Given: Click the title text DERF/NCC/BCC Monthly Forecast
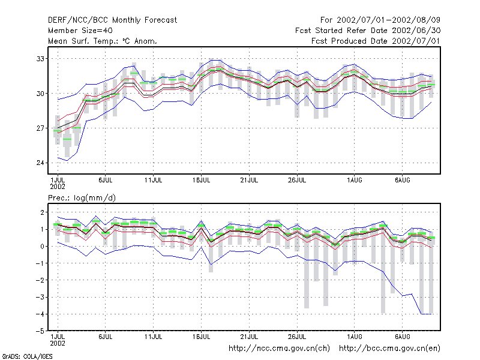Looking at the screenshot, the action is tap(112, 20).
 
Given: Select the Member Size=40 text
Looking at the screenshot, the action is tap(80, 31).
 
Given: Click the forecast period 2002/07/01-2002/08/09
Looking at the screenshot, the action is tap(388, 20).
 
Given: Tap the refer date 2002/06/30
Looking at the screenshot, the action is tap(416, 31).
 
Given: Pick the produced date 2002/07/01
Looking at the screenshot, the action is tap(416, 41).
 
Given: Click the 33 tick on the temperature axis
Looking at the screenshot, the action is tap(40, 58).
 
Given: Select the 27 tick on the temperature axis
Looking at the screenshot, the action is tap(40, 128).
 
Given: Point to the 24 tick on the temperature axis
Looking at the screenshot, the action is tap(40, 163).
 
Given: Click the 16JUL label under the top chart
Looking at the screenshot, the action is tap(201, 181).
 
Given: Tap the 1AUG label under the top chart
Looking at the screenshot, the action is tap(355, 181).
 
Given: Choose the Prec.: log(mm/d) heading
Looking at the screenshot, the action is tap(82, 198).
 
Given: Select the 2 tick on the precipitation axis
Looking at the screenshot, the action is tap(42, 212).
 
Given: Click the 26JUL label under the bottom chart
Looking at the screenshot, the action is tap(297, 337).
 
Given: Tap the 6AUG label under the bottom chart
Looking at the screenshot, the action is tap(402, 337).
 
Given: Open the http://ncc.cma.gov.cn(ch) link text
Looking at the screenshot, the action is tap(279, 349).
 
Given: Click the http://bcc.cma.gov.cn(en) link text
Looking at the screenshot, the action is tap(389, 349).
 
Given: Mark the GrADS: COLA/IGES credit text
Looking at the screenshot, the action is tap(27, 356).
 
